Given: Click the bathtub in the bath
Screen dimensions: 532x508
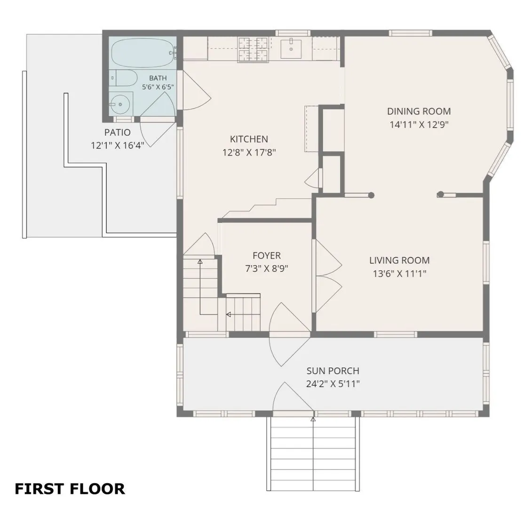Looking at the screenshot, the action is [143, 53].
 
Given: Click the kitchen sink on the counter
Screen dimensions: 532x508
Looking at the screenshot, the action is [291, 48].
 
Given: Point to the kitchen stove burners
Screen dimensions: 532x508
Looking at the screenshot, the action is [253, 50].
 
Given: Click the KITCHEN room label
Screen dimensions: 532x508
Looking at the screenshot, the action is [249, 139].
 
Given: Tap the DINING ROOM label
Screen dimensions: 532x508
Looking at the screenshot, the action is [419, 111].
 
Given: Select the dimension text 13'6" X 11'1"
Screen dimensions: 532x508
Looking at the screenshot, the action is [400, 273].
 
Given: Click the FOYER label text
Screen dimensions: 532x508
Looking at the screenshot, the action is [267, 255].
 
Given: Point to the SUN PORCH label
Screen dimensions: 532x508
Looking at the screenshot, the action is [333, 371].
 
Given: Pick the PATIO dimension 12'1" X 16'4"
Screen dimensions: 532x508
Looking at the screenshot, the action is [118, 145].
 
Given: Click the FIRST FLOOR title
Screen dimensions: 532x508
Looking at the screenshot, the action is [70, 489].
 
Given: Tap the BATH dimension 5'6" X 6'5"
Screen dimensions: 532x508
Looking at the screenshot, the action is [158, 87].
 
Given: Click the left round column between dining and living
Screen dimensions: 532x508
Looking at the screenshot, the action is [371, 195].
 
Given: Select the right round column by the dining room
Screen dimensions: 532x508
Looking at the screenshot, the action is [440, 194].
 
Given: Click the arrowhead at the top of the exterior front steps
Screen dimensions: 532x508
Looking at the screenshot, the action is [313, 420].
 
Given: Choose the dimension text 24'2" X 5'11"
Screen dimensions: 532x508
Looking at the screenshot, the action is [333, 384].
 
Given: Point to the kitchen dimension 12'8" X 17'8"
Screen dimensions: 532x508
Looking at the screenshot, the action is [249, 152].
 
